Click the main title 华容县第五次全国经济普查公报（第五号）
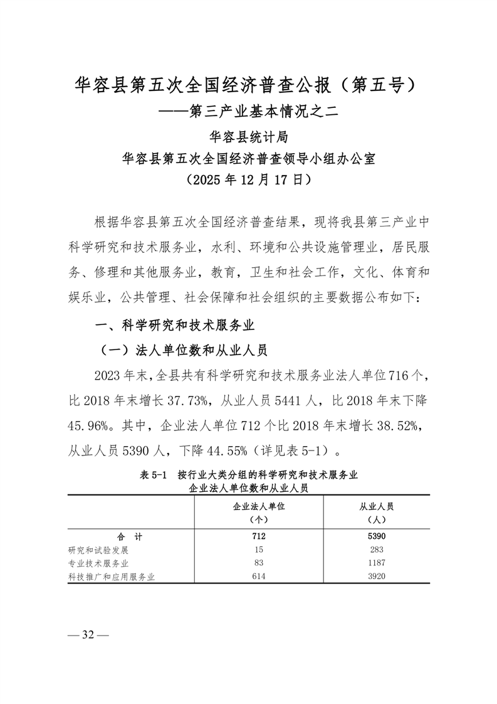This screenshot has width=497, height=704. pos(248,85)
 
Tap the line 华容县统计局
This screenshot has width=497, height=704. pos(248,137)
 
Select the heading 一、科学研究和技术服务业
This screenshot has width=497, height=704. pos(174,325)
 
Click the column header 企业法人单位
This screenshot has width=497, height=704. pos(259,507)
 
